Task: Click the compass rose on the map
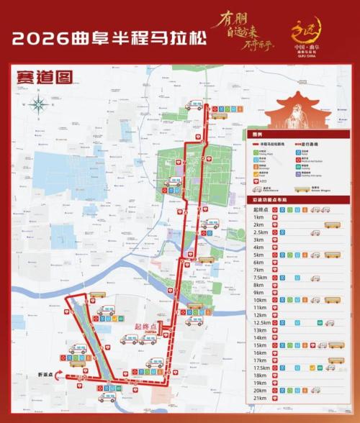[39, 105]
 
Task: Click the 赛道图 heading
[42, 75]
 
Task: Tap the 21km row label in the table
[260, 398]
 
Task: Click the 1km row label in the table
[258, 217]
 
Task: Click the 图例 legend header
[257, 135]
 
